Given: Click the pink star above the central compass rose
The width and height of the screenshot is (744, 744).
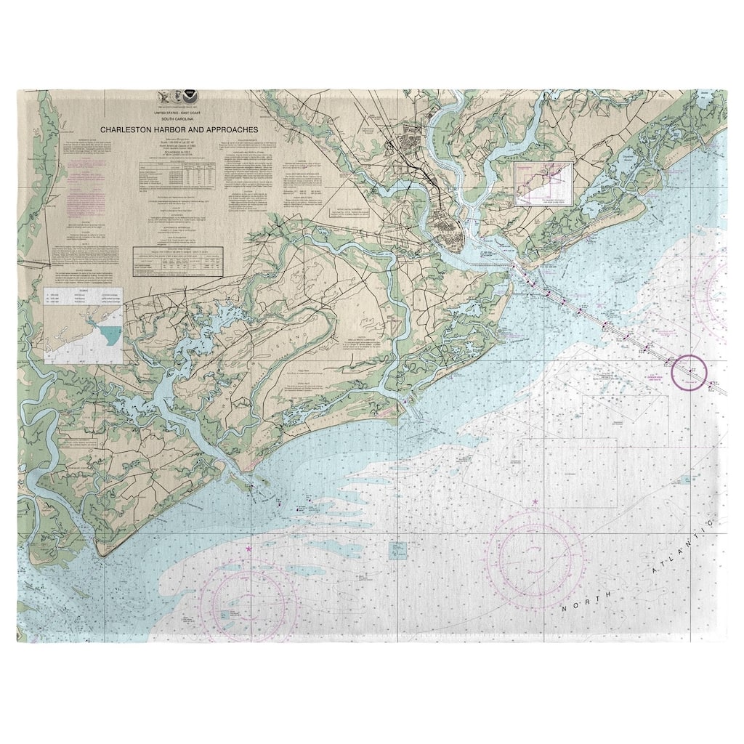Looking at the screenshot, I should (535, 502).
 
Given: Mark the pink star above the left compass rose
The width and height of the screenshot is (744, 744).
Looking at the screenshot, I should (249, 549).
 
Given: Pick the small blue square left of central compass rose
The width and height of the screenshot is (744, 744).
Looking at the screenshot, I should (397, 550).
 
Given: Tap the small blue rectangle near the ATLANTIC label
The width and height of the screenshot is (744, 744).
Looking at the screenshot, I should (687, 480).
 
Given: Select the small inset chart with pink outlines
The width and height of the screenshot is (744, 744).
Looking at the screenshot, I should (543, 183).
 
